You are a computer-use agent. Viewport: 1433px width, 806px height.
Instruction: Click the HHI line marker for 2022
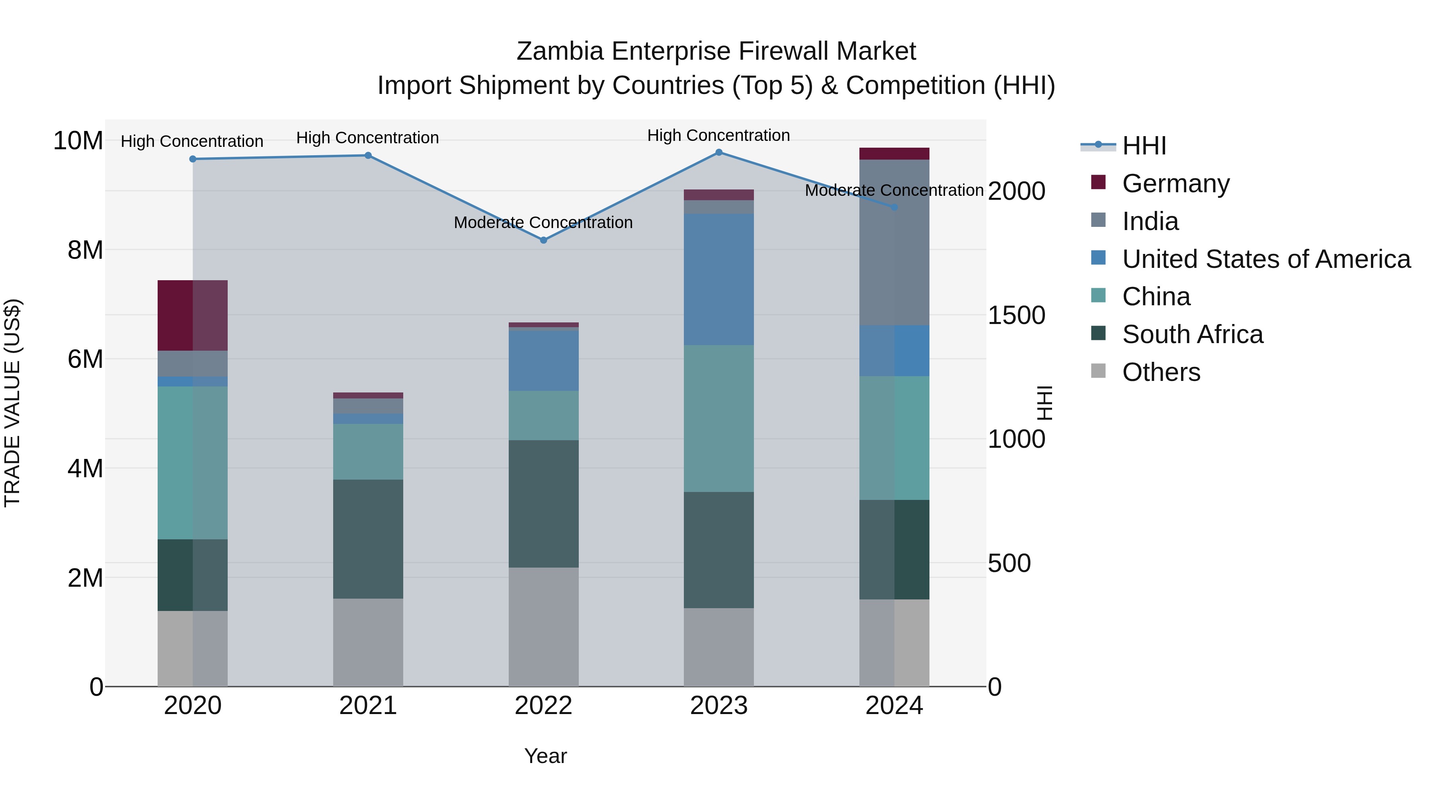point(543,240)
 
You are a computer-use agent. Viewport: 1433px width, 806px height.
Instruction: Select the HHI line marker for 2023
point(719,152)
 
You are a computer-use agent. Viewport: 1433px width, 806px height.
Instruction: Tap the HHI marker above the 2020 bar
point(193,159)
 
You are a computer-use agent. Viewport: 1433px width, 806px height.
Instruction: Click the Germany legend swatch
point(1098,182)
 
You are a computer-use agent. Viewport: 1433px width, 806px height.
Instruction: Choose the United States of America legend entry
point(1265,259)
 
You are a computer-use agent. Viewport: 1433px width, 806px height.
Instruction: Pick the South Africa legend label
point(1192,335)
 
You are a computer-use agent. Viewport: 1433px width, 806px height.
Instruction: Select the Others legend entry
point(1161,372)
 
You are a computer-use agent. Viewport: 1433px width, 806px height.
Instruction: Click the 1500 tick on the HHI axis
point(1016,315)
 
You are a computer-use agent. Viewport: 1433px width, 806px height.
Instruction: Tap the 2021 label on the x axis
point(368,706)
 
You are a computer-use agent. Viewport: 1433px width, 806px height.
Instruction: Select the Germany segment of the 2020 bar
point(193,315)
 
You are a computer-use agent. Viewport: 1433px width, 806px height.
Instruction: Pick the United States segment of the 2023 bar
point(719,279)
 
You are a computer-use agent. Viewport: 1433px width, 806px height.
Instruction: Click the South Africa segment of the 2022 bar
point(543,504)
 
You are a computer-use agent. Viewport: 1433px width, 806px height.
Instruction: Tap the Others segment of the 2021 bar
point(368,642)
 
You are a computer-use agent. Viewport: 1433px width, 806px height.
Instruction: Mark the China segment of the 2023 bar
point(719,418)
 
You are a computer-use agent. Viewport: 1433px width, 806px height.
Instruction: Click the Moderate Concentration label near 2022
point(543,222)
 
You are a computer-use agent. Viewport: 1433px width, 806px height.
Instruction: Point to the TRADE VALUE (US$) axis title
point(12,403)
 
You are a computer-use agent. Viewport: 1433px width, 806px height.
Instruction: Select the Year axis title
point(545,756)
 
